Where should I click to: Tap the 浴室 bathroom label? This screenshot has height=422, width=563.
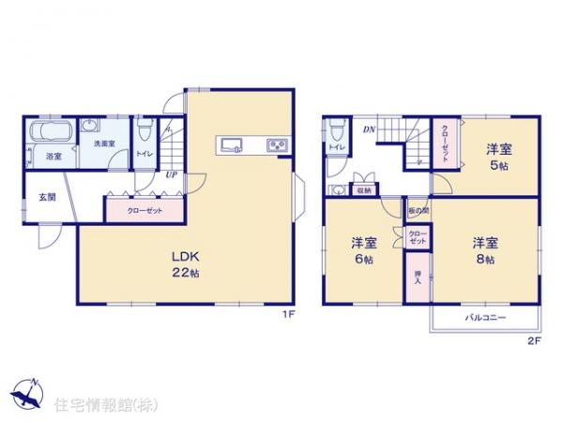[x=54, y=157]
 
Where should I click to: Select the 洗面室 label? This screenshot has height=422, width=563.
[x=102, y=143]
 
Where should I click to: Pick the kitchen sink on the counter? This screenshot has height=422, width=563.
[x=233, y=144]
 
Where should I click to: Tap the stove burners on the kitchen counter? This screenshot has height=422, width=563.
[x=279, y=144]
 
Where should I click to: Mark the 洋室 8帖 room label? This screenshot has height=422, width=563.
[x=484, y=249]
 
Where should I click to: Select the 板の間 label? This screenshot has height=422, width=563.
[x=418, y=212]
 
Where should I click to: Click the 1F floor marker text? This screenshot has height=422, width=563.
[x=290, y=314]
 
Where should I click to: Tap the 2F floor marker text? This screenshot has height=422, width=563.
[x=534, y=340]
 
